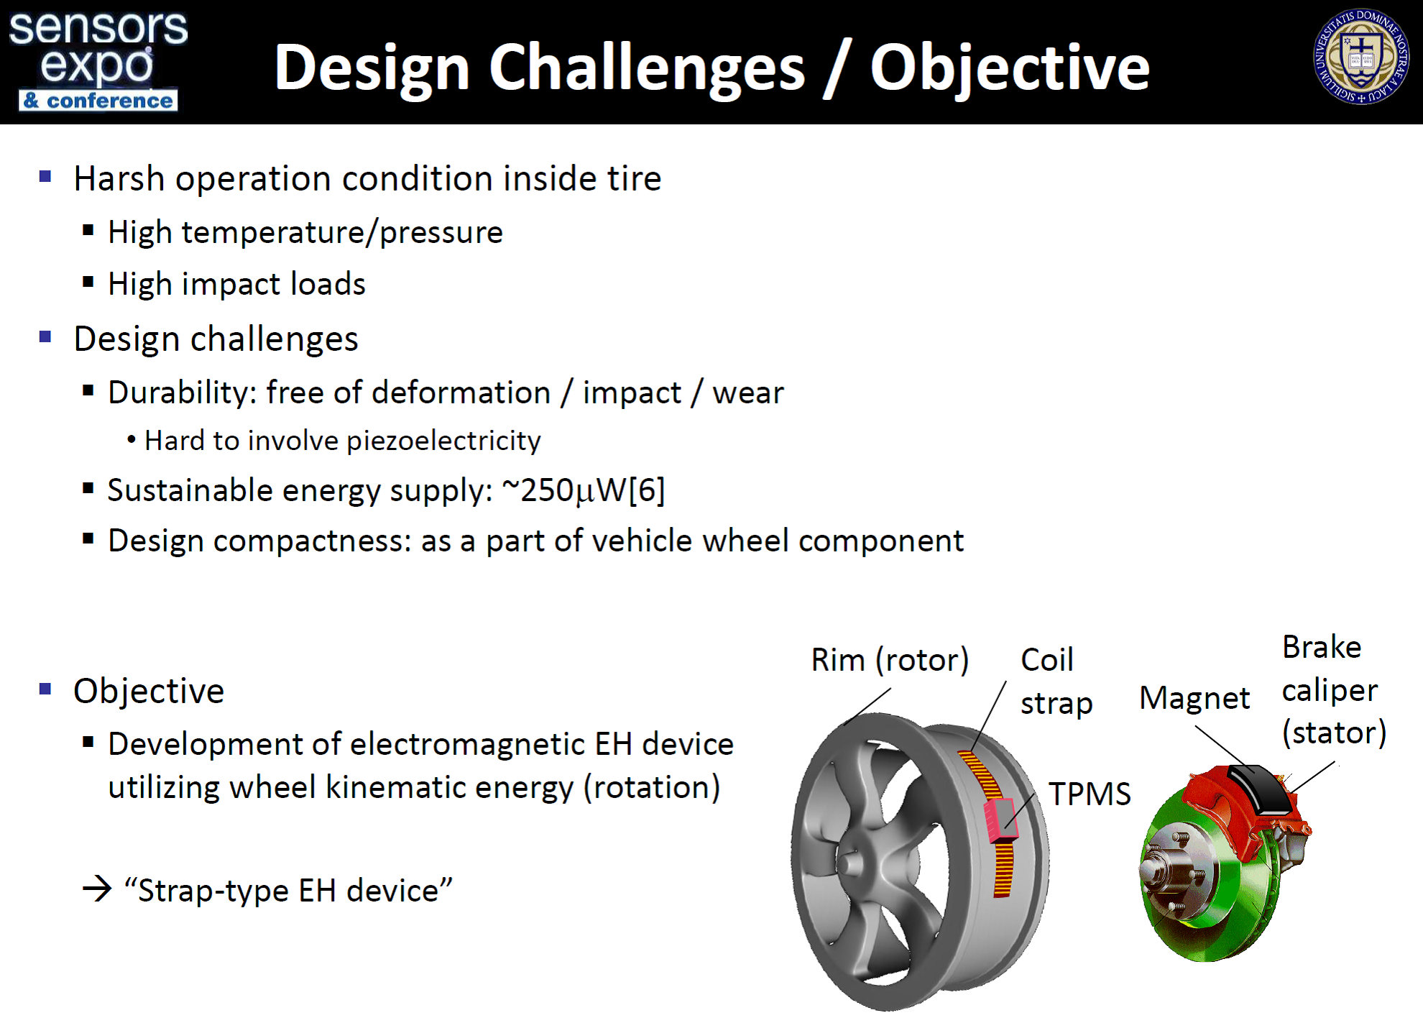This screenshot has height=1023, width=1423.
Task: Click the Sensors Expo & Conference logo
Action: [x=98, y=60]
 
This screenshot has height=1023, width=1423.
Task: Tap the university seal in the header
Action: [x=1361, y=58]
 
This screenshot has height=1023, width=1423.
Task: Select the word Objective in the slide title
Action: [x=1010, y=68]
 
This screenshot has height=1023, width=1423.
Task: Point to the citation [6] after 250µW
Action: [x=647, y=490]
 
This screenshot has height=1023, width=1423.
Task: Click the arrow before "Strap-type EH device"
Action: [x=98, y=889]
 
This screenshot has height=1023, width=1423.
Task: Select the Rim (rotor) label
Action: [x=890, y=660]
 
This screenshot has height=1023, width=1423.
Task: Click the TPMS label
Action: [x=1090, y=794]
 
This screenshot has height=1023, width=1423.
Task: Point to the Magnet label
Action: [x=1194, y=698]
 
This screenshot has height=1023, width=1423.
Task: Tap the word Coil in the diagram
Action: [x=1047, y=660]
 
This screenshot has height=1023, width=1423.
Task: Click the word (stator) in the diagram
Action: [x=1334, y=733]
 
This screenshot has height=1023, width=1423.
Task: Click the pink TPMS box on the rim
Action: [x=1000, y=820]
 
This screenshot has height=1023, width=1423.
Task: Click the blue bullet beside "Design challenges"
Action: [x=45, y=336]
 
